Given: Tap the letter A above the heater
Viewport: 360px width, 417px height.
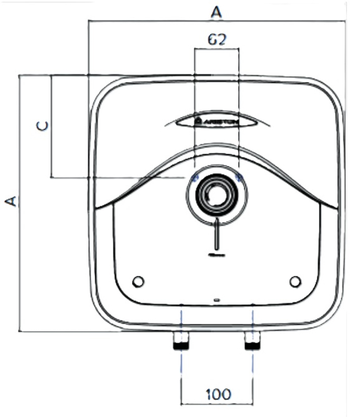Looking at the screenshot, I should (216, 11).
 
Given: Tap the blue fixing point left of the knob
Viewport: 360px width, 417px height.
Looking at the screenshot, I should (195, 178).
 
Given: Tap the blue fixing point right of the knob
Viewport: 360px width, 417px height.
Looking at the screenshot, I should (239, 178).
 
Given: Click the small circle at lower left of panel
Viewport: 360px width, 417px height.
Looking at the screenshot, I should (138, 281).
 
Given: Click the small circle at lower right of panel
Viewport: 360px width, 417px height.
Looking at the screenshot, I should (295, 281).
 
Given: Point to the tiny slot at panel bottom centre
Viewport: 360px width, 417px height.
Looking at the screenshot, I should (216, 300).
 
